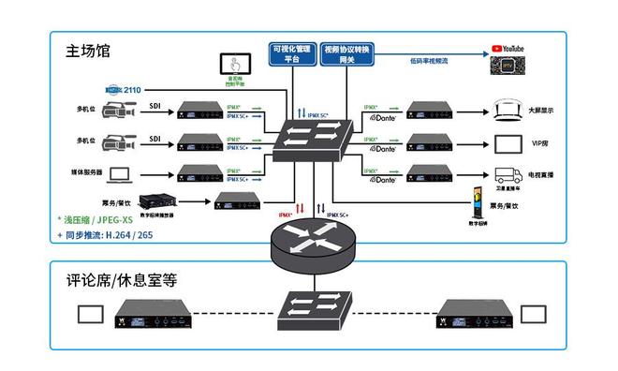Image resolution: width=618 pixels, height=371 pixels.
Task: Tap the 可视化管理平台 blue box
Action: tap(291, 52)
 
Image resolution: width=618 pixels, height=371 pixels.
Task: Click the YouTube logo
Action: tap(508, 47)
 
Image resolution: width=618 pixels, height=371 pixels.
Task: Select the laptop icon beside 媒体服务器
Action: tap(119, 174)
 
